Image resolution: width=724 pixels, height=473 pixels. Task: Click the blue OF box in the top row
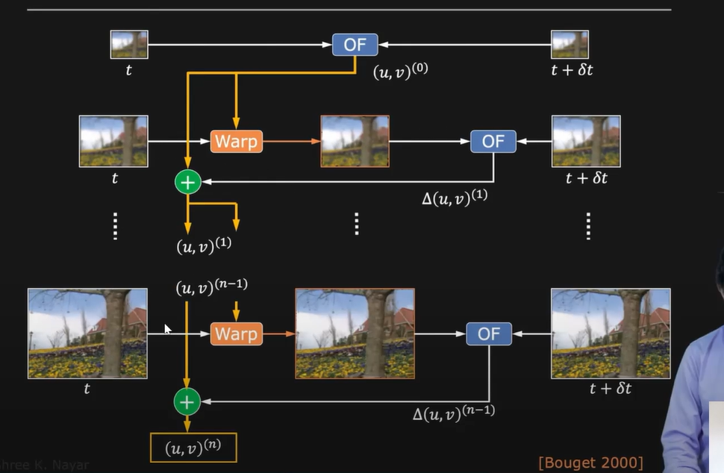(355, 44)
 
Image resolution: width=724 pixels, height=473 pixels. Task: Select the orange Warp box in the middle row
(236, 141)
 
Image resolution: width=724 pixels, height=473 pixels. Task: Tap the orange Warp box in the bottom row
(236, 333)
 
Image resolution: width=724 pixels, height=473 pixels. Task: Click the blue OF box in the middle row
(493, 141)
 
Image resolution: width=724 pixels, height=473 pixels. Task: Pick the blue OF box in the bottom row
(489, 333)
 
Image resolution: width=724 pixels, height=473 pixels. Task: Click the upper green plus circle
(187, 181)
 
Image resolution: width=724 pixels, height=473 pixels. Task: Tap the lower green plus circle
(187, 402)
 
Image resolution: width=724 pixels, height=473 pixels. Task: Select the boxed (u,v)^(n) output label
(193, 448)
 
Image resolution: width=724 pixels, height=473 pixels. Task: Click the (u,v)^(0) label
(400, 72)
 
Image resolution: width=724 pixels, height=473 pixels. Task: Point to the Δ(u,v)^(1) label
(454, 198)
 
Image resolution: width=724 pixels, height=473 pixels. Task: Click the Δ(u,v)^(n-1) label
(453, 411)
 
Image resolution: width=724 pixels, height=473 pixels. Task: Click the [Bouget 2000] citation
(590, 463)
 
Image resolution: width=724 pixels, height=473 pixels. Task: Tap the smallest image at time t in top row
(129, 44)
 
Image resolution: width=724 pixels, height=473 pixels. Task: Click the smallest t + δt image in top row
(569, 44)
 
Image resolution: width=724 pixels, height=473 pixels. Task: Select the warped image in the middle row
(355, 141)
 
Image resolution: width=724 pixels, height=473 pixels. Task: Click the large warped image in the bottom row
(355, 333)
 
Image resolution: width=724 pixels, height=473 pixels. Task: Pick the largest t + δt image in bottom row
(610, 333)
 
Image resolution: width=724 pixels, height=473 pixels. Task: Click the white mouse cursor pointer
(168, 328)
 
